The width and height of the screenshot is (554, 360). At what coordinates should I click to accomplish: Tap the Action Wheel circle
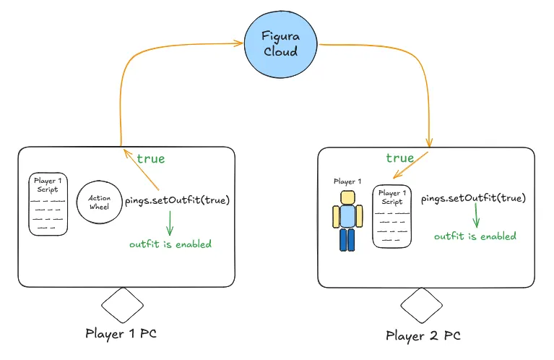[98, 202]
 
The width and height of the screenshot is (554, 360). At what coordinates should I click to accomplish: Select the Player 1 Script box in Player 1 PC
[48, 203]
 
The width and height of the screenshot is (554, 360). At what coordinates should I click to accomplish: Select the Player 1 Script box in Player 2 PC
[392, 216]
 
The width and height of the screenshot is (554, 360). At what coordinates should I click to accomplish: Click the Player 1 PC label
[121, 333]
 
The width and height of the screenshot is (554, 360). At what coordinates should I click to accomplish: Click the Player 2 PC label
[422, 335]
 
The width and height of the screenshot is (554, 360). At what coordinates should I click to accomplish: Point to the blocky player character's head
[348, 198]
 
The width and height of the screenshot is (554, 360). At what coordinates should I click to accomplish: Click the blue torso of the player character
[348, 217]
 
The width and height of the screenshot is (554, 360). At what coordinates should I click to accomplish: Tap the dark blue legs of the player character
[348, 240]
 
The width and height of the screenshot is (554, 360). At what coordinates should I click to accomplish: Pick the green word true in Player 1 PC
[150, 158]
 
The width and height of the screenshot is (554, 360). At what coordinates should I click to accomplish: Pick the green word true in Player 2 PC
[400, 158]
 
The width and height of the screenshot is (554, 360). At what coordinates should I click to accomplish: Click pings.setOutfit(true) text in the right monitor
[472, 198]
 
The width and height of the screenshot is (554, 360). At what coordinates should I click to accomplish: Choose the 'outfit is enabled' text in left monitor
[170, 244]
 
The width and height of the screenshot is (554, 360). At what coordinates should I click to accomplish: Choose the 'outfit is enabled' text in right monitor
[475, 236]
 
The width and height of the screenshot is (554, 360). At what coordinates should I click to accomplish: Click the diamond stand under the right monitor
[421, 306]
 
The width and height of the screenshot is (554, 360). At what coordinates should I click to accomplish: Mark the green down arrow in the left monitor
[170, 222]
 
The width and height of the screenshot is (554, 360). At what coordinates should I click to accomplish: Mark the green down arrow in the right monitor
[476, 215]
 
